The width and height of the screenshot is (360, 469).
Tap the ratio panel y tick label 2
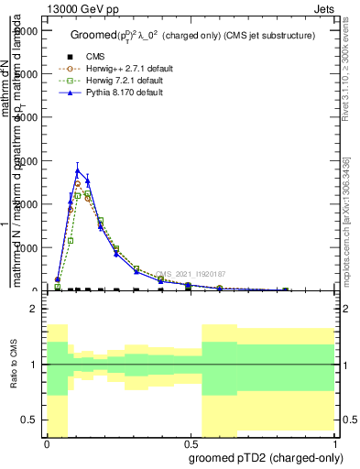(34, 310)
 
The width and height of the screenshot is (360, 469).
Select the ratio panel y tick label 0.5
(29, 420)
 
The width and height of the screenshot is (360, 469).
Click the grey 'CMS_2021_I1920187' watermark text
(190, 274)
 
